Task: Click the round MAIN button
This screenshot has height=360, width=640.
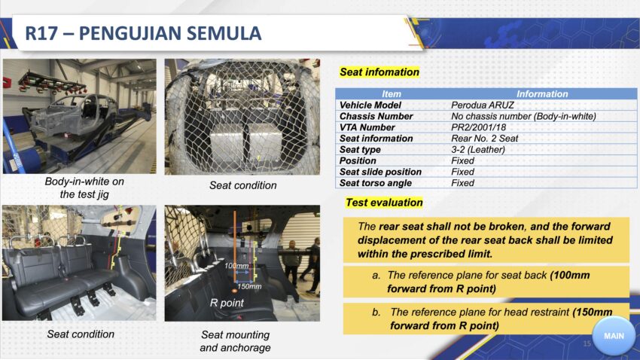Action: (x=614, y=335)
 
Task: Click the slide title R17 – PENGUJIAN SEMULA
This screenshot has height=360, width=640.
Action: (x=143, y=33)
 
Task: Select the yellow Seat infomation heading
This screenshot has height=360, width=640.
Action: (x=379, y=72)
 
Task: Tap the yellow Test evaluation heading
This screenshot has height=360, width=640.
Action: (x=384, y=203)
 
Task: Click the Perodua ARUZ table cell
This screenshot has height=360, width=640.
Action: (x=482, y=105)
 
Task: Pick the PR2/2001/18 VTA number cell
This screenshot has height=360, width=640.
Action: (x=478, y=127)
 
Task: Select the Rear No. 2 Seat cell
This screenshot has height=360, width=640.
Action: (x=484, y=139)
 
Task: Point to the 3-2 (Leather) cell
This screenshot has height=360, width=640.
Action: (x=477, y=149)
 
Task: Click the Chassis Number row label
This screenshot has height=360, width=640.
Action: (x=376, y=116)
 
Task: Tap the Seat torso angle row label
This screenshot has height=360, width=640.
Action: (x=375, y=183)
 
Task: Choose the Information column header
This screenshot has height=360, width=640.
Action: (x=542, y=94)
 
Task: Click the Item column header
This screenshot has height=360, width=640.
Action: (x=391, y=94)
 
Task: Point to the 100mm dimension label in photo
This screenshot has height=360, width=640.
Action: (x=236, y=266)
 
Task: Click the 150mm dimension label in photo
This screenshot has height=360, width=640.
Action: (x=249, y=286)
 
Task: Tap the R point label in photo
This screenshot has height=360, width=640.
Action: (x=227, y=303)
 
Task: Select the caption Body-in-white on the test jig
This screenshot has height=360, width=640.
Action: (x=84, y=188)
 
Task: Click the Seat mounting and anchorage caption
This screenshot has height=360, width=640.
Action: (x=235, y=341)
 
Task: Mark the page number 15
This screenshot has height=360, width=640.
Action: (x=587, y=343)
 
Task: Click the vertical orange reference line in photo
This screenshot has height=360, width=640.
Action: (x=235, y=246)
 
